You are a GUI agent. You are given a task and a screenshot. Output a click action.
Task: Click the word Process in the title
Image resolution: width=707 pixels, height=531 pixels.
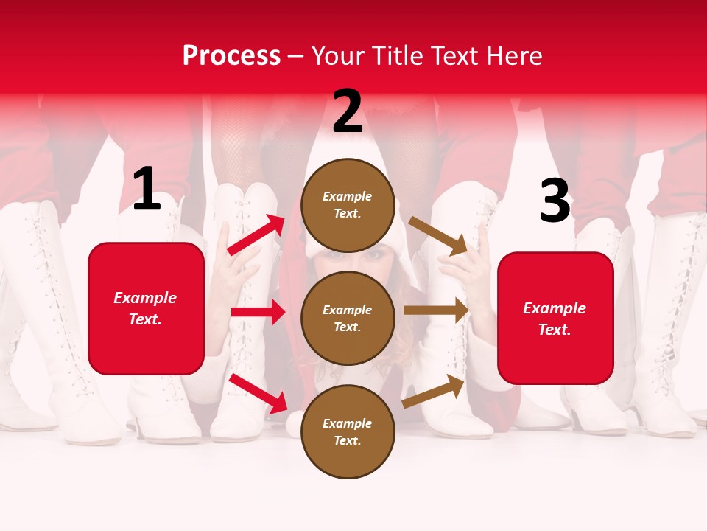231,56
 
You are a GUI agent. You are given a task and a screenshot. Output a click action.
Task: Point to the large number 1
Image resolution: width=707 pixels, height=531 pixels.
147,190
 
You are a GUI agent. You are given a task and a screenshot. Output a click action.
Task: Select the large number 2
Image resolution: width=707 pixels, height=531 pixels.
348,111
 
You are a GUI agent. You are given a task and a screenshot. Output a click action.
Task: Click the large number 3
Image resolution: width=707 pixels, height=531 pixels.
555,201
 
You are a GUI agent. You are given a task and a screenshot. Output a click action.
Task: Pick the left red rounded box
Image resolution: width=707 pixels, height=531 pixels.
146,308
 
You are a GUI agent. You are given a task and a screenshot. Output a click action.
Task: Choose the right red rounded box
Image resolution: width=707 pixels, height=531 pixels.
555,319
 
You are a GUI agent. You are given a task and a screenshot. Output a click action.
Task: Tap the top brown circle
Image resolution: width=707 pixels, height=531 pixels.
348,205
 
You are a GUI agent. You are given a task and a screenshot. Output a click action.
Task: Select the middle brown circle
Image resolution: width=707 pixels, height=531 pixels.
348,318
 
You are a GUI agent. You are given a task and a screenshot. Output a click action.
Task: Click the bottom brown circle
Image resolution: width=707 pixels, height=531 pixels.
348,431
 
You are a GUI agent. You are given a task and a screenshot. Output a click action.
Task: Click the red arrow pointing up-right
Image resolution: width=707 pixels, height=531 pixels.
256,235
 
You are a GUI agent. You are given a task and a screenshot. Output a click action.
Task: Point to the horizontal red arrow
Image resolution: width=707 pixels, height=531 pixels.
258,312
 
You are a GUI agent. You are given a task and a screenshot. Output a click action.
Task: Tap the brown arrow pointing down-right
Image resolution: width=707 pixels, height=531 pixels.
438,235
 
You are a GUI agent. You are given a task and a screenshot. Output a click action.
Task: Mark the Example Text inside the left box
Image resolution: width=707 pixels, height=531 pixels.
146,308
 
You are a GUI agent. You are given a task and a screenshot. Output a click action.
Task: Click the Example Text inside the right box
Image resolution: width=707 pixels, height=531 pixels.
555,319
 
